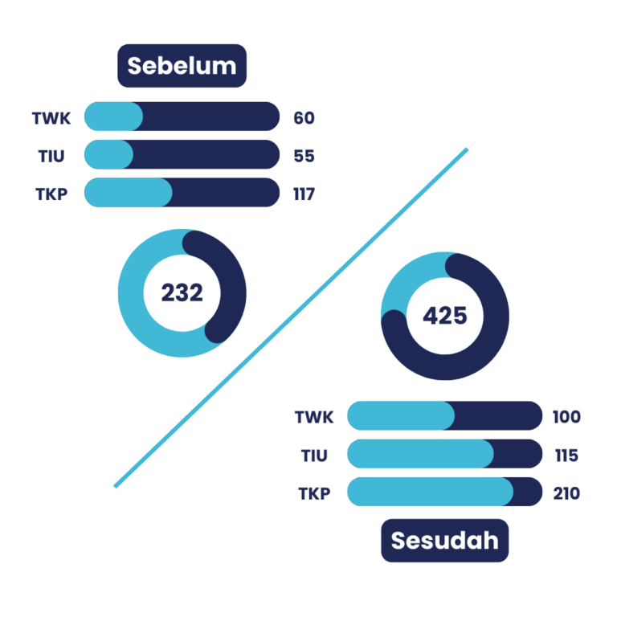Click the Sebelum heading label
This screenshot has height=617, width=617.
[x=182, y=66]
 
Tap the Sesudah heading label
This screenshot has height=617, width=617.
[x=444, y=540]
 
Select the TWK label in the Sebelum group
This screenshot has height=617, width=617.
[x=51, y=118]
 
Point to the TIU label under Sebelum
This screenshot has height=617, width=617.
[x=51, y=156]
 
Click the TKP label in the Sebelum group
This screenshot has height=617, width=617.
[x=51, y=194]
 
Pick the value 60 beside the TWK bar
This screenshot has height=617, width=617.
[x=304, y=118]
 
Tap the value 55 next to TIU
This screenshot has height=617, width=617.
[x=304, y=156]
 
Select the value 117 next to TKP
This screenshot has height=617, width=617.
[x=304, y=194]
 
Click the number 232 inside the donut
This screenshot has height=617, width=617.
[x=182, y=293]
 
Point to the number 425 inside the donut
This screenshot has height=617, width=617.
[x=444, y=316]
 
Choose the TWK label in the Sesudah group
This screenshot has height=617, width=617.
[x=313, y=417]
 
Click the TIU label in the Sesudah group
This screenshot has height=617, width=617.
[x=314, y=456]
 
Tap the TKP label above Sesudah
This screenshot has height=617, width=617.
[x=314, y=493]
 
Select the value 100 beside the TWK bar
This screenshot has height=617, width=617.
[x=566, y=417]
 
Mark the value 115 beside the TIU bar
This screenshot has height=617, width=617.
[x=566, y=456]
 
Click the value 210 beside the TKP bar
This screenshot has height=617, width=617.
[x=566, y=493]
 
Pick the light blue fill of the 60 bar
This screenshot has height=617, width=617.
[x=113, y=116]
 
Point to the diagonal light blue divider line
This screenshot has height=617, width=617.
[x=291, y=317]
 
